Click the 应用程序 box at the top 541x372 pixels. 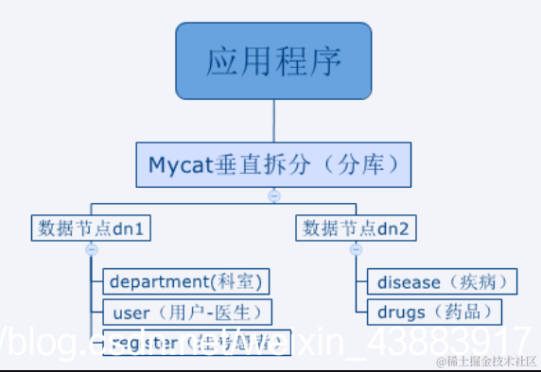273,61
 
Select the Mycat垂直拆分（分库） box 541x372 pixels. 273,164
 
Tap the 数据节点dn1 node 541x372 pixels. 92,228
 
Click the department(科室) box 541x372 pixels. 184,281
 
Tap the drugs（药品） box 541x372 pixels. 428,312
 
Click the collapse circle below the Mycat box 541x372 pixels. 274,195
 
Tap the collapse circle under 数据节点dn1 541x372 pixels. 92,250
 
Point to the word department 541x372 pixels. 154,281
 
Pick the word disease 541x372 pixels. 409,281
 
